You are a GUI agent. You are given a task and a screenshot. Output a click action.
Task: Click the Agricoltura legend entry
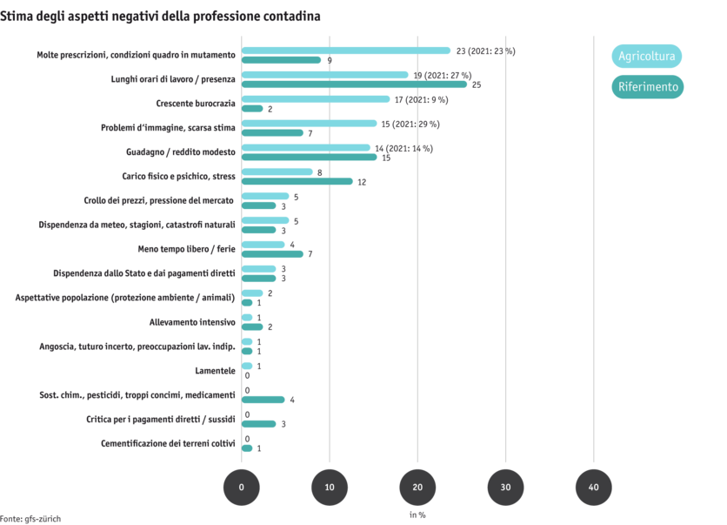pyautogui.click(x=646, y=57)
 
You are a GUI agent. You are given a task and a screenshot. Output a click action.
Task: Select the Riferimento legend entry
pyautogui.click(x=646, y=87)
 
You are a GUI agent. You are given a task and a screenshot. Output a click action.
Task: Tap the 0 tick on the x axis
pyautogui.click(x=242, y=488)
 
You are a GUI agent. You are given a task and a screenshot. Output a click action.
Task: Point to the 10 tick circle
pyautogui.click(x=330, y=488)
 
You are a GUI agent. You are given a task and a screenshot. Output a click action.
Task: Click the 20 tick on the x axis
pyautogui.click(x=417, y=488)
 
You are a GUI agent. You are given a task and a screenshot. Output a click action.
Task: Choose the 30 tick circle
pyautogui.click(x=505, y=488)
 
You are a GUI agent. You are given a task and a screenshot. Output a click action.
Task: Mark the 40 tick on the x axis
pyautogui.click(x=594, y=488)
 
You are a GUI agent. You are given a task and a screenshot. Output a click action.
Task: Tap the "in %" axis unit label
pyautogui.click(x=417, y=515)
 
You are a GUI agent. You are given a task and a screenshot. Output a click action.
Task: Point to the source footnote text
pyautogui.click(x=30, y=518)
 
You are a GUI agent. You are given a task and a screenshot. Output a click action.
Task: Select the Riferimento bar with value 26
pyautogui.click(x=355, y=84)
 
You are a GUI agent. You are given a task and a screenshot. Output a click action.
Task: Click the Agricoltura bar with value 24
pyautogui.click(x=346, y=50)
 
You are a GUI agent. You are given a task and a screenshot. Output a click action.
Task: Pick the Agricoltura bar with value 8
pyautogui.click(x=277, y=172)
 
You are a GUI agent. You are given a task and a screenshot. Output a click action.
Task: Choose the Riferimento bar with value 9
pyautogui.click(x=282, y=60)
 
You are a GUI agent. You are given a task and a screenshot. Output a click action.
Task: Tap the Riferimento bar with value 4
pyautogui.click(x=263, y=400)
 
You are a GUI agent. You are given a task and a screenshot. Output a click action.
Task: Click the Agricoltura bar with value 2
pyautogui.click(x=252, y=293)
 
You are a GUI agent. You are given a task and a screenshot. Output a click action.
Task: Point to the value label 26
pyautogui.click(x=477, y=85)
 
